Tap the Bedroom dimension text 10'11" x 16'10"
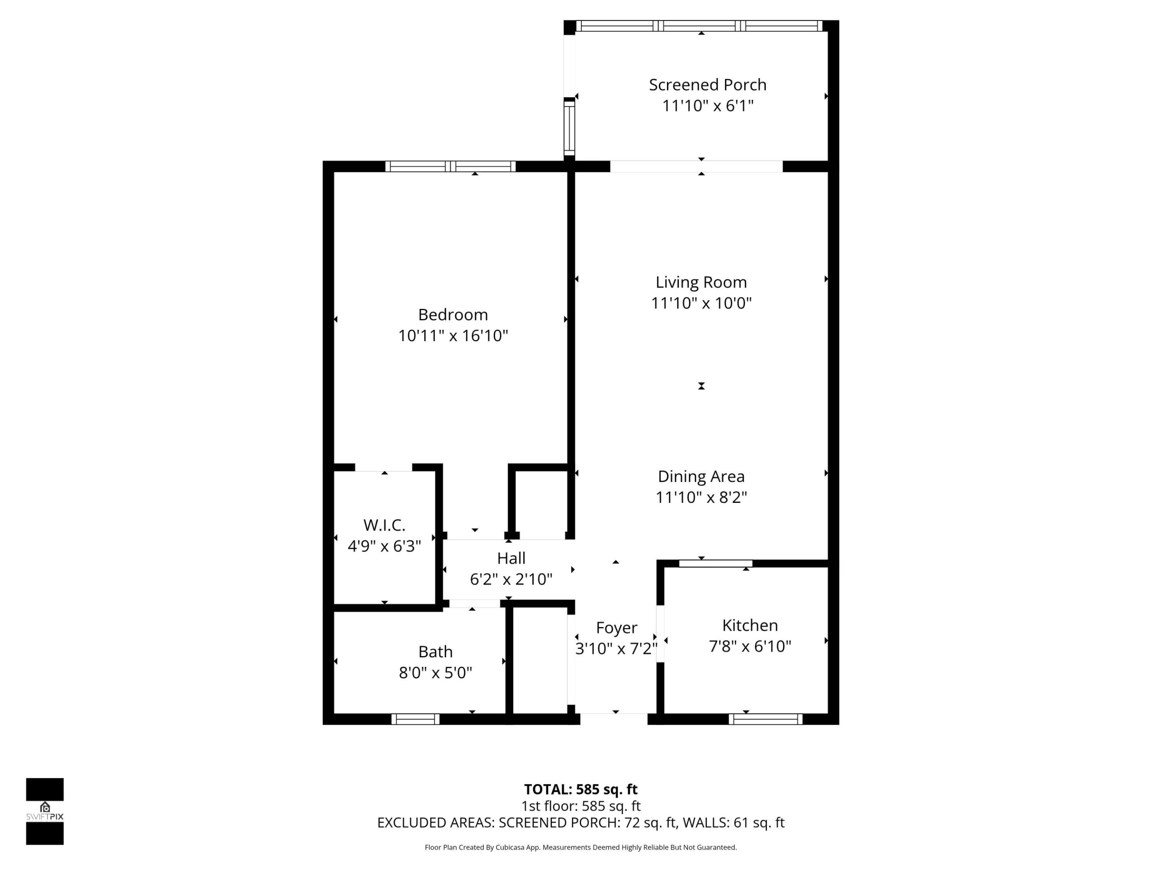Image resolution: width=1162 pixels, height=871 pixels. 453,336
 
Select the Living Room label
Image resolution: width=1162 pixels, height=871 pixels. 701,282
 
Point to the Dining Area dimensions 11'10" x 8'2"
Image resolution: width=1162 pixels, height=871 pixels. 701,497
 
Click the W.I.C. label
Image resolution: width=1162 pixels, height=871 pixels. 384,525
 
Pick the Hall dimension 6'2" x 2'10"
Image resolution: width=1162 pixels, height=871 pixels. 511,579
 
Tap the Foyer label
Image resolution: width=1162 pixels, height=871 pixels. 616,627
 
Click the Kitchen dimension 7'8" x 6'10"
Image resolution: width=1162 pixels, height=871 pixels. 750,646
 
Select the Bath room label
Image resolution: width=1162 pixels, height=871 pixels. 435,652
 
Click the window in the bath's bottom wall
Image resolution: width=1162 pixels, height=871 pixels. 415,719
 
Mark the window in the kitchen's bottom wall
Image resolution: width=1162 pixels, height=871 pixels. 765,719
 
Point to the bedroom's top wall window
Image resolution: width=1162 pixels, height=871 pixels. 450,167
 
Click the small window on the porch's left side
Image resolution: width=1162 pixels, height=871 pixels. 569,126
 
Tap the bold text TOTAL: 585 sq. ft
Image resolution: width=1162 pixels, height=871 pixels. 581,789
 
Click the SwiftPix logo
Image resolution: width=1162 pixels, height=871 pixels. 45,811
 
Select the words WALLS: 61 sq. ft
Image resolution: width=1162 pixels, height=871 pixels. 732,823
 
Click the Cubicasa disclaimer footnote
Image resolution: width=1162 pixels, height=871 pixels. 581,847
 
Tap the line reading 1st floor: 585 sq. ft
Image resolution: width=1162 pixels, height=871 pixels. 581,806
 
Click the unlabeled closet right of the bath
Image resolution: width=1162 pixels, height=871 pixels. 539,660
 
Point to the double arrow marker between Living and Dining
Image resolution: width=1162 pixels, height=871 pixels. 701,386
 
